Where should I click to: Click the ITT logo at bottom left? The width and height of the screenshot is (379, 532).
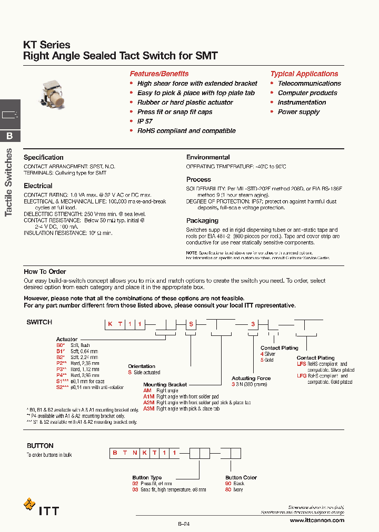click(x=42, y=509)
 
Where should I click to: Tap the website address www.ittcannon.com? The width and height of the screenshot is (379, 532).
click(x=317, y=520)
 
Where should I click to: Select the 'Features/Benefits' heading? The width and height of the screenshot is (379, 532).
click(x=159, y=74)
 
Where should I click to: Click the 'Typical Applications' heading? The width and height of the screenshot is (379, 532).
click(x=304, y=74)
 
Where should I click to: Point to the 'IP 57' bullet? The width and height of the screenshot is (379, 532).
click(x=145, y=121)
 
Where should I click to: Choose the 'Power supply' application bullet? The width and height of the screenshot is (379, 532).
click(x=298, y=112)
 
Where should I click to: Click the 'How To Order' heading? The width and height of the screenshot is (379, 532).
click(x=45, y=271)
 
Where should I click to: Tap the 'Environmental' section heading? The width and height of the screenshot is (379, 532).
click(x=208, y=157)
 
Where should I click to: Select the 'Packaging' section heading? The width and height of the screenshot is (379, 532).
click(x=202, y=221)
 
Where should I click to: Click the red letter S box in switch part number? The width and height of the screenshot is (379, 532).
click(x=191, y=324)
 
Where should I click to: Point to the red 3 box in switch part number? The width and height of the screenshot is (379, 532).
click(x=253, y=324)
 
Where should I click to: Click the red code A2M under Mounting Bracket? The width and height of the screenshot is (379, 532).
click(x=149, y=403)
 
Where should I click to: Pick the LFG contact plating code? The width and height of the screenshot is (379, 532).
click(x=302, y=376)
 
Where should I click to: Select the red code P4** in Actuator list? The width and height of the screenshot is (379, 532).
click(x=62, y=375)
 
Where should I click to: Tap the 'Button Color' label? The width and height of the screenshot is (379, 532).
click(x=241, y=477)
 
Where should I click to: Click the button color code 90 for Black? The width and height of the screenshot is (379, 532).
click(x=228, y=483)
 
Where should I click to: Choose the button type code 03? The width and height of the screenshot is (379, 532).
click(x=135, y=489)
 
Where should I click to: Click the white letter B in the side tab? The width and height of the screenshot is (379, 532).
click(x=9, y=136)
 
